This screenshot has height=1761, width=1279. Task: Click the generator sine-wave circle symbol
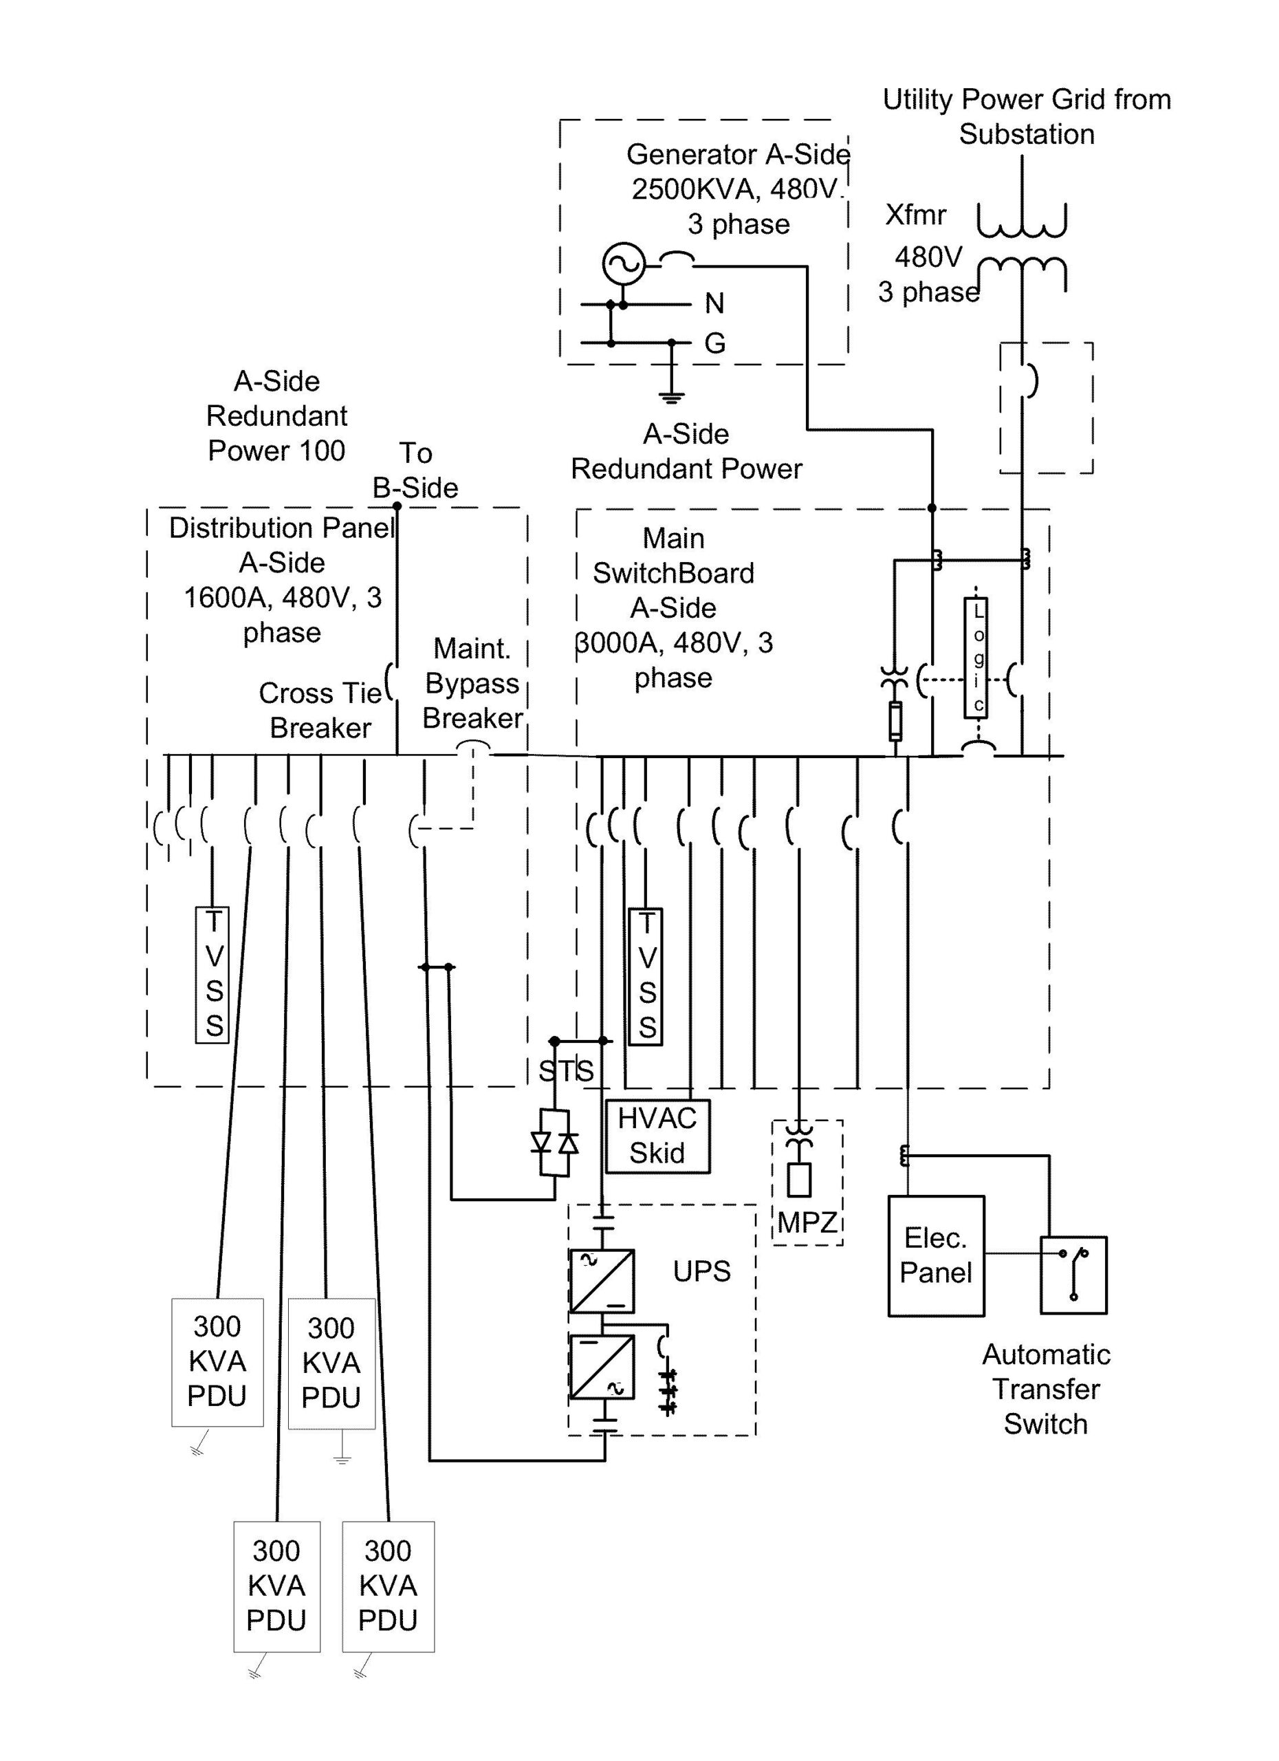click(623, 264)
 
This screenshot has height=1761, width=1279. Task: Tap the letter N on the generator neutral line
click(714, 303)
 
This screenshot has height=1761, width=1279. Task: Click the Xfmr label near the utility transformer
click(916, 215)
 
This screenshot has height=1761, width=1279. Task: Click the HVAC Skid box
click(657, 1136)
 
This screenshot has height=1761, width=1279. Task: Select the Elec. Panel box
click(936, 1255)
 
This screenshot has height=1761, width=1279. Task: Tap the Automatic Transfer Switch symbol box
click(1073, 1275)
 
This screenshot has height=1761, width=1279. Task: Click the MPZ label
click(807, 1224)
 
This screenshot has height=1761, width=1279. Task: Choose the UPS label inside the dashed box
click(701, 1272)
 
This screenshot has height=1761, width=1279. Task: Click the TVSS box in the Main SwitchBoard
click(646, 976)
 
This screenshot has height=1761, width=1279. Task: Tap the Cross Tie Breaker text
click(320, 711)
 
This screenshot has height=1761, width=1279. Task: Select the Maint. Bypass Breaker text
click(472, 683)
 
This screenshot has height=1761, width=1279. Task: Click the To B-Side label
click(415, 471)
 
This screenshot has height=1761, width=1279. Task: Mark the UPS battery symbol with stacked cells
click(668, 1393)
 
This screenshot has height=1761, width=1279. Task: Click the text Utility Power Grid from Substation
click(1026, 116)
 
